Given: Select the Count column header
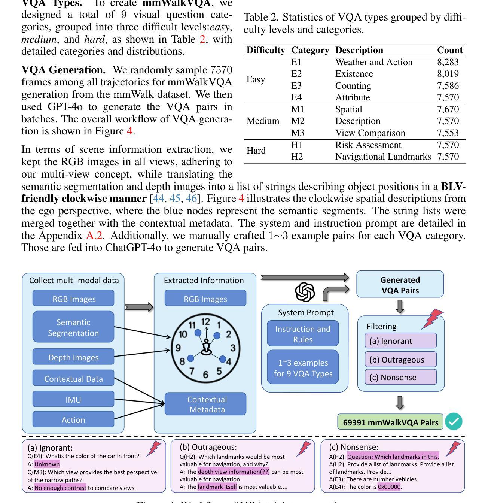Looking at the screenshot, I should click(x=450, y=50).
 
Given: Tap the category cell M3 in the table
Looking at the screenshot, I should click(x=298, y=133).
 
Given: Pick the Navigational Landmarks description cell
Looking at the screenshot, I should click(x=383, y=157).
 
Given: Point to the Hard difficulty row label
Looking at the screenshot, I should click(x=256, y=151).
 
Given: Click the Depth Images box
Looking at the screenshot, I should click(x=73, y=357).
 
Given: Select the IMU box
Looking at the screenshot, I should click(x=73, y=400).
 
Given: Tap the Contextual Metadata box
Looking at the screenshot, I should click(x=205, y=404).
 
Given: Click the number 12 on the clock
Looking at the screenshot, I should click(x=205, y=321).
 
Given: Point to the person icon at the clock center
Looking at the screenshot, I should click(x=206, y=346).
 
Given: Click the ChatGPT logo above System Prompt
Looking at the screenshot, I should click(x=305, y=292).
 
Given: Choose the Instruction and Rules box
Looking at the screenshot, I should click(x=303, y=334).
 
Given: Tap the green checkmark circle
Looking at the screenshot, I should click(x=454, y=422).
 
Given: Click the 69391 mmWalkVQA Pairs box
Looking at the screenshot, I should click(x=390, y=422).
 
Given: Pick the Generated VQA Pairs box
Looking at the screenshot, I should click(x=400, y=285).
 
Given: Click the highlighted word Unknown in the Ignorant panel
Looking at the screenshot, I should click(x=47, y=464).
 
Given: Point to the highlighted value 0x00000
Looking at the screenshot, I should click(x=389, y=487).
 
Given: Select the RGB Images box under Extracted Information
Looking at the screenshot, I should click(x=205, y=299).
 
